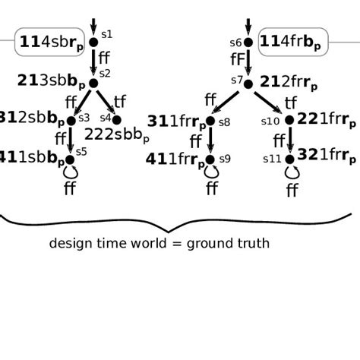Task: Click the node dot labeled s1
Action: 93,43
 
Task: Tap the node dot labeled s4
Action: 116,120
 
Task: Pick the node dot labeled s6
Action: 248,43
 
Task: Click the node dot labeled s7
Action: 248,84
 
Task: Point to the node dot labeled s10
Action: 289,120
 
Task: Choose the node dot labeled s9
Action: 210,159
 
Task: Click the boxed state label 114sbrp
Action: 50,43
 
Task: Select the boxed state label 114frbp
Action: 293,43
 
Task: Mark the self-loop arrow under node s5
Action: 71,172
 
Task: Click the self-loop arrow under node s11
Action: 291,173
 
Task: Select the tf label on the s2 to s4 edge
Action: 120,101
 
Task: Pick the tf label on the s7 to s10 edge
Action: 291,102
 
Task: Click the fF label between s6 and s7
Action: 238,59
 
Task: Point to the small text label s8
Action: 224,122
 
